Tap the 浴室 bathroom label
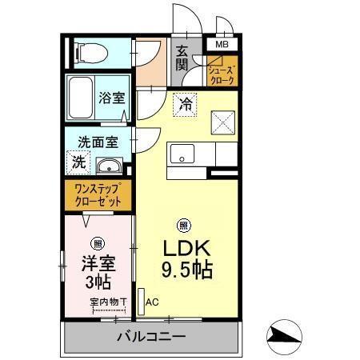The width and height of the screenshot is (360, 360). click(x=111, y=98)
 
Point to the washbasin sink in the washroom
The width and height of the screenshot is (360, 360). click(x=109, y=166)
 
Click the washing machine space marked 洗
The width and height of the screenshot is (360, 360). click(x=79, y=162)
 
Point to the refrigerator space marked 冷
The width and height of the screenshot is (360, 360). click(x=186, y=103)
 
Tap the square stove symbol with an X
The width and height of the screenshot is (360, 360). click(x=222, y=121)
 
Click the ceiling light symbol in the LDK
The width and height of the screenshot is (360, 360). click(x=184, y=225)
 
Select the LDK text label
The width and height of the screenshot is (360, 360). click(x=186, y=247)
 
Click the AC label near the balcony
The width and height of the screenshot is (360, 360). click(x=152, y=302)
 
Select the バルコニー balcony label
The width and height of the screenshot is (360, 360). click(x=150, y=337)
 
